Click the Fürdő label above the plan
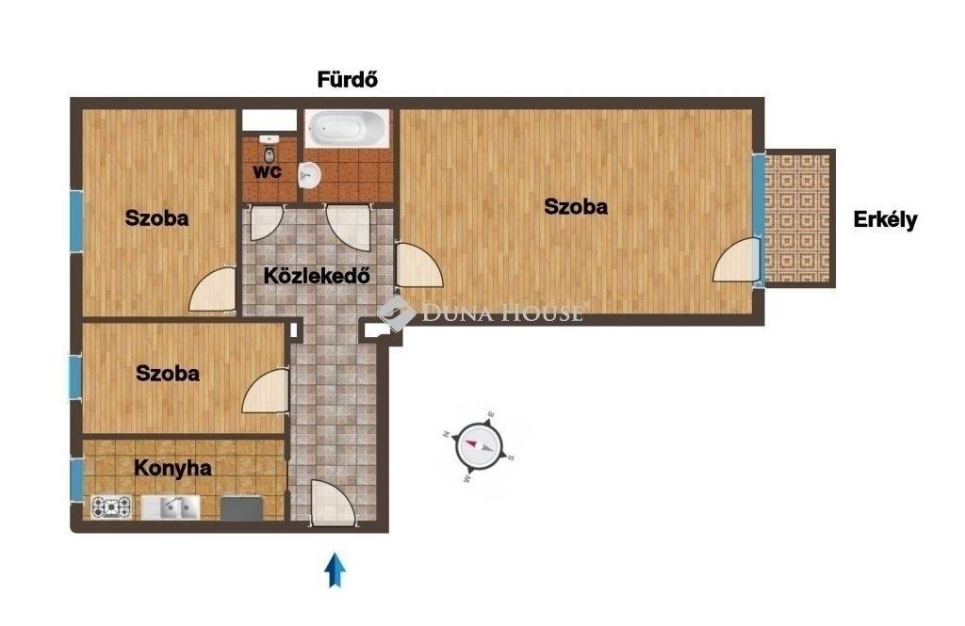(x=347, y=80)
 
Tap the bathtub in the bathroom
(x=347, y=129)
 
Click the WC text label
(x=268, y=171)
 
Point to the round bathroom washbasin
(x=309, y=176)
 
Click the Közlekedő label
(x=317, y=276)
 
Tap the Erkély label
(x=885, y=219)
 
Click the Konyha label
(x=173, y=468)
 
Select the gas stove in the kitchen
(x=111, y=507)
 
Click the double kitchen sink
(x=172, y=507)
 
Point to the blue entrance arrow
(x=335, y=570)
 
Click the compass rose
(x=479, y=447)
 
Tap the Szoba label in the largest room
(x=576, y=206)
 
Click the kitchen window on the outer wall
(x=76, y=480)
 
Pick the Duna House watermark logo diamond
(x=396, y=313)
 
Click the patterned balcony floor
(x=797, y=218)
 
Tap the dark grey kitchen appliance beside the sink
(x=242, y=508)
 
